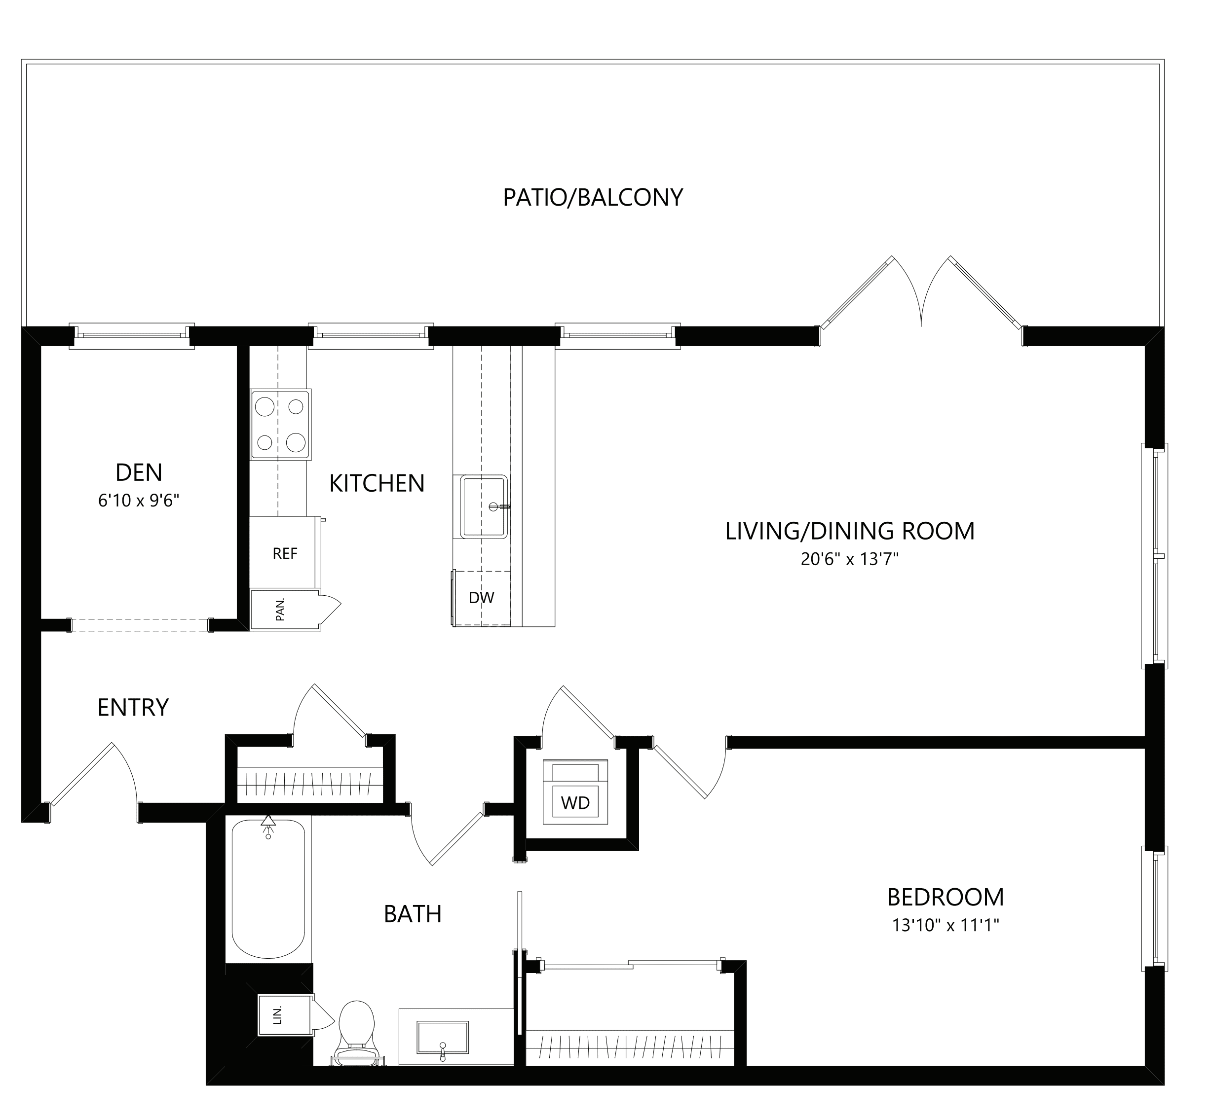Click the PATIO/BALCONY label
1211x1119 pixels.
tap(593, 197)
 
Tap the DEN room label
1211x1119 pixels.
tap(139, 472)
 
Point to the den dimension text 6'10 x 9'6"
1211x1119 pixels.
tap(139, 500)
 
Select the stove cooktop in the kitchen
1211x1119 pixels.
tap(280, 425)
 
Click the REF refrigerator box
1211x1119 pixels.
tap(285, 553)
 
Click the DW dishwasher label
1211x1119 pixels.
tap(482, 598)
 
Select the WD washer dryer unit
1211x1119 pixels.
tap(575, 793)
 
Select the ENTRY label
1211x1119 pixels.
tap(133, 707)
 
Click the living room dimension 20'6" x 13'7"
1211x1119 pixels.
tap(849, 559)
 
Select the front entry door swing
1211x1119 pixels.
tap(97, 778)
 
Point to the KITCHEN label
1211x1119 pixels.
tap(377, 483)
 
